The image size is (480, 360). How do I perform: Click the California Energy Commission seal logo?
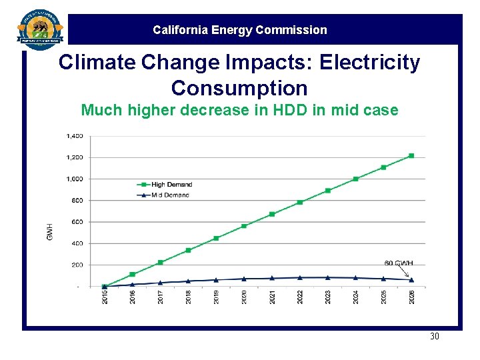(40, 30)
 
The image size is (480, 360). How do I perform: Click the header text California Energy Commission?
(240, 30)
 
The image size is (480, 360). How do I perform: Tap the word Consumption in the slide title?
(239, 88)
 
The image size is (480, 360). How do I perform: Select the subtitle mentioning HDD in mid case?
(239, 110)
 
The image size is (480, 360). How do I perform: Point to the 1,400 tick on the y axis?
(75, 136)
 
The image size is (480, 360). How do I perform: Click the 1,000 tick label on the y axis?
(75, 179)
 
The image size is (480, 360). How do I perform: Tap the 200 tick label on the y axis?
(77, 265)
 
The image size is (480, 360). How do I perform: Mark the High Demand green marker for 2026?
(411, 156)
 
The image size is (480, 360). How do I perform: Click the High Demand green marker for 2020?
(244, 226)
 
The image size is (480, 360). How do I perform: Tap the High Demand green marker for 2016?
(132, 274)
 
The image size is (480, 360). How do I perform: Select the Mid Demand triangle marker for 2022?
(300, 277)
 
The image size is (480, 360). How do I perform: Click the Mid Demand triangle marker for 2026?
(411, 280)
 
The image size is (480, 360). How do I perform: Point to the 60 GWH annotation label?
(399, 263)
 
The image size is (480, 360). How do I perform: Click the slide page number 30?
(435, 336)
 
